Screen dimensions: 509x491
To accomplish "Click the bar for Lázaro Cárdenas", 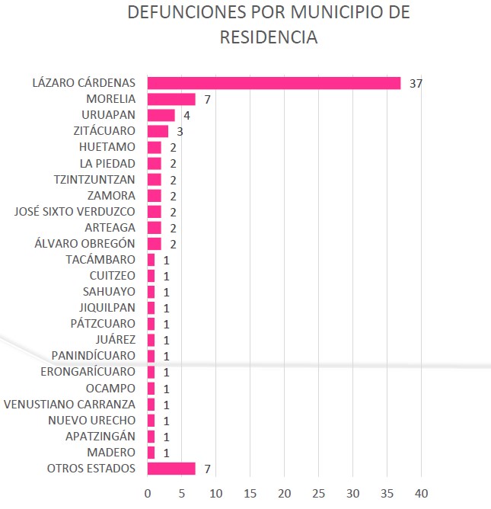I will pos(274,83).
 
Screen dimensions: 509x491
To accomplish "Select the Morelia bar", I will pos(171,99).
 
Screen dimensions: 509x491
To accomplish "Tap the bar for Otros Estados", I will pos(171,468).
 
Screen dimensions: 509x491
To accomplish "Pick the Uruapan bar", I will pos(161,115).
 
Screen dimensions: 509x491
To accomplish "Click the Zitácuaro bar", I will pos(158,131).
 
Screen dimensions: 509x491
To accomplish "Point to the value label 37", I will pos(416,84).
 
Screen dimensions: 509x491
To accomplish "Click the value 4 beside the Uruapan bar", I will pos(187,116).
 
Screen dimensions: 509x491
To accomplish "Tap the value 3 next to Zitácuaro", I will pos(180,132).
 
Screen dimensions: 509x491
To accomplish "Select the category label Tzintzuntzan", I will pos(95,179).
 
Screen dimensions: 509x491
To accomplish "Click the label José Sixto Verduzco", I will pos(75,211).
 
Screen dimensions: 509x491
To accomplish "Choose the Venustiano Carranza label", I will pos(70,404).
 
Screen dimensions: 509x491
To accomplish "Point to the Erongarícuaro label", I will pos(88,372).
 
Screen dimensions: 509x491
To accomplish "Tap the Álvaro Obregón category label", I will pos(86,243).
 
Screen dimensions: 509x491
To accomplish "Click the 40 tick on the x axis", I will pos(422,491).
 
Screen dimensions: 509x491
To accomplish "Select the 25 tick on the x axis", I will pos(319,491).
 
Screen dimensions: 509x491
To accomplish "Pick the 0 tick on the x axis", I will pos(148,491).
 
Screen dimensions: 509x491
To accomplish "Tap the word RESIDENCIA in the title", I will pos(269,37).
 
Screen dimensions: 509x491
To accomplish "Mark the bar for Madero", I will pos(151,452).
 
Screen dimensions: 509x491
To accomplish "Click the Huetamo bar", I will pos(154,147).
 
